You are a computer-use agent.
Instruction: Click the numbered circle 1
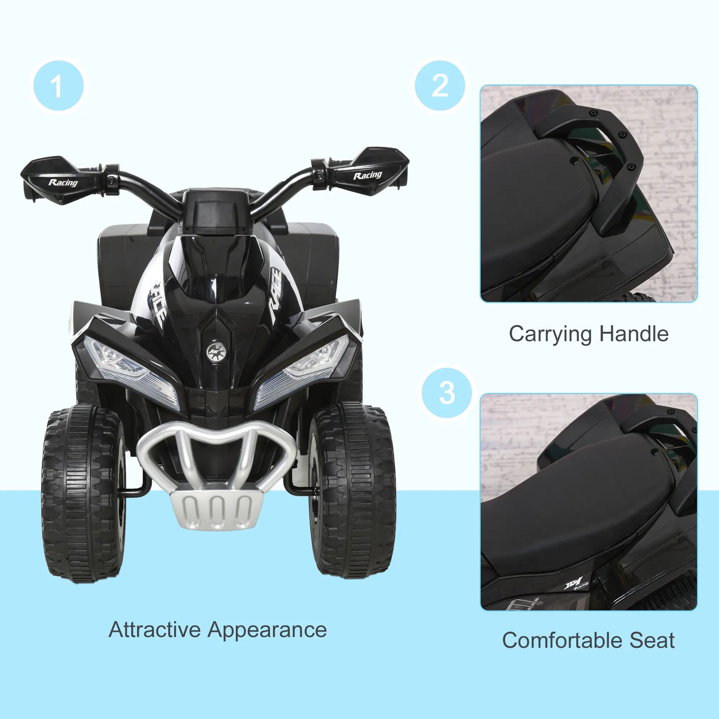tap(59, 86)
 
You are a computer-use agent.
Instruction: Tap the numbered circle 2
tap(440, 86)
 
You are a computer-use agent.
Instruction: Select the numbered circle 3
tap(447, 393)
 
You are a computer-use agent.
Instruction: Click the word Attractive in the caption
tap(154, 629)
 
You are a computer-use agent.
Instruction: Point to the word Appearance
tap(267, 630)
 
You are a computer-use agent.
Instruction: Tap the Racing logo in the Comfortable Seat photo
tap(577, 584)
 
